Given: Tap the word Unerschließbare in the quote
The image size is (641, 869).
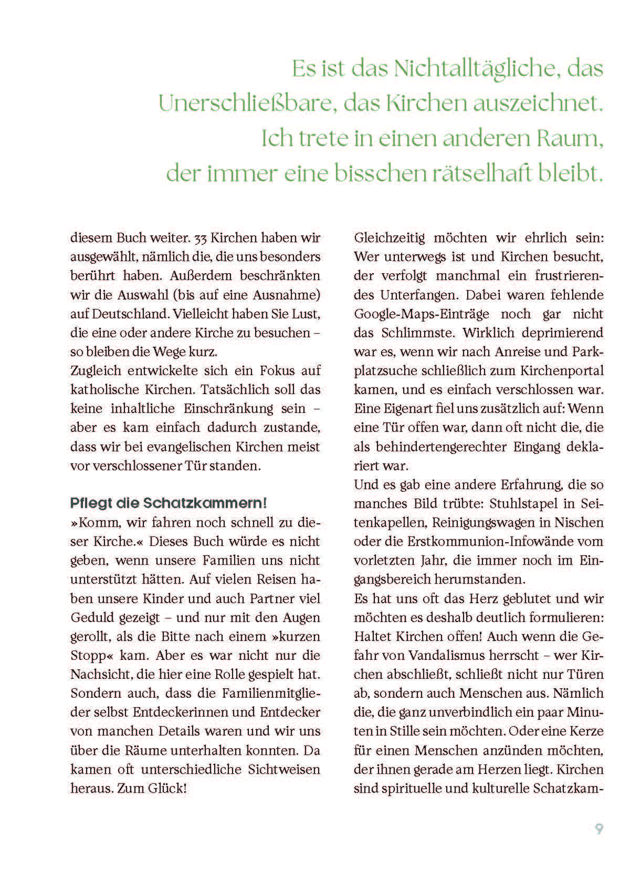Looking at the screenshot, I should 247,104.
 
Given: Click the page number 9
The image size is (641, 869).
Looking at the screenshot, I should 598,829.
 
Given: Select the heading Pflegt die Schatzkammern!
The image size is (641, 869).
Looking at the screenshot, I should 169,503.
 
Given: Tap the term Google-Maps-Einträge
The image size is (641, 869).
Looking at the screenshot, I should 422,314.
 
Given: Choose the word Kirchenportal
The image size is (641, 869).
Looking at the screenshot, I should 562,370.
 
